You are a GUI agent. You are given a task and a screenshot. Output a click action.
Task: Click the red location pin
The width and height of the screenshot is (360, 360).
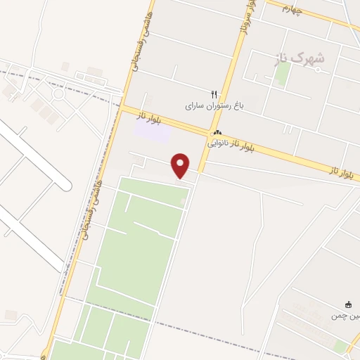coord(181,165)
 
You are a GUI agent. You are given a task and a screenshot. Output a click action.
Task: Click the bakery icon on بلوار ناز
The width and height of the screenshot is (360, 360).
coord(217,132)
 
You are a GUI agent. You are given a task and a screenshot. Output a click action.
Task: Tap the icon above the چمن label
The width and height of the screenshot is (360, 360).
coord(347,304)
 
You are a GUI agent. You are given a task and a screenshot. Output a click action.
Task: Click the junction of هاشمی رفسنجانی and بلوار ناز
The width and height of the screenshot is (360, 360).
coord(124,108)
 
